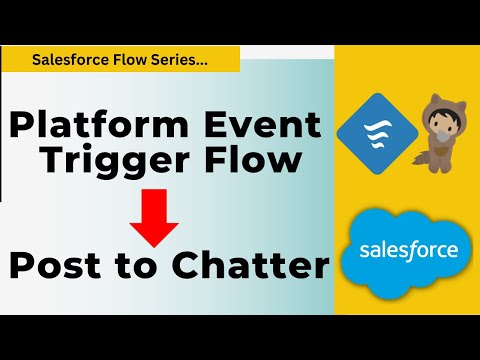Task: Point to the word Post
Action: (61, 266)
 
